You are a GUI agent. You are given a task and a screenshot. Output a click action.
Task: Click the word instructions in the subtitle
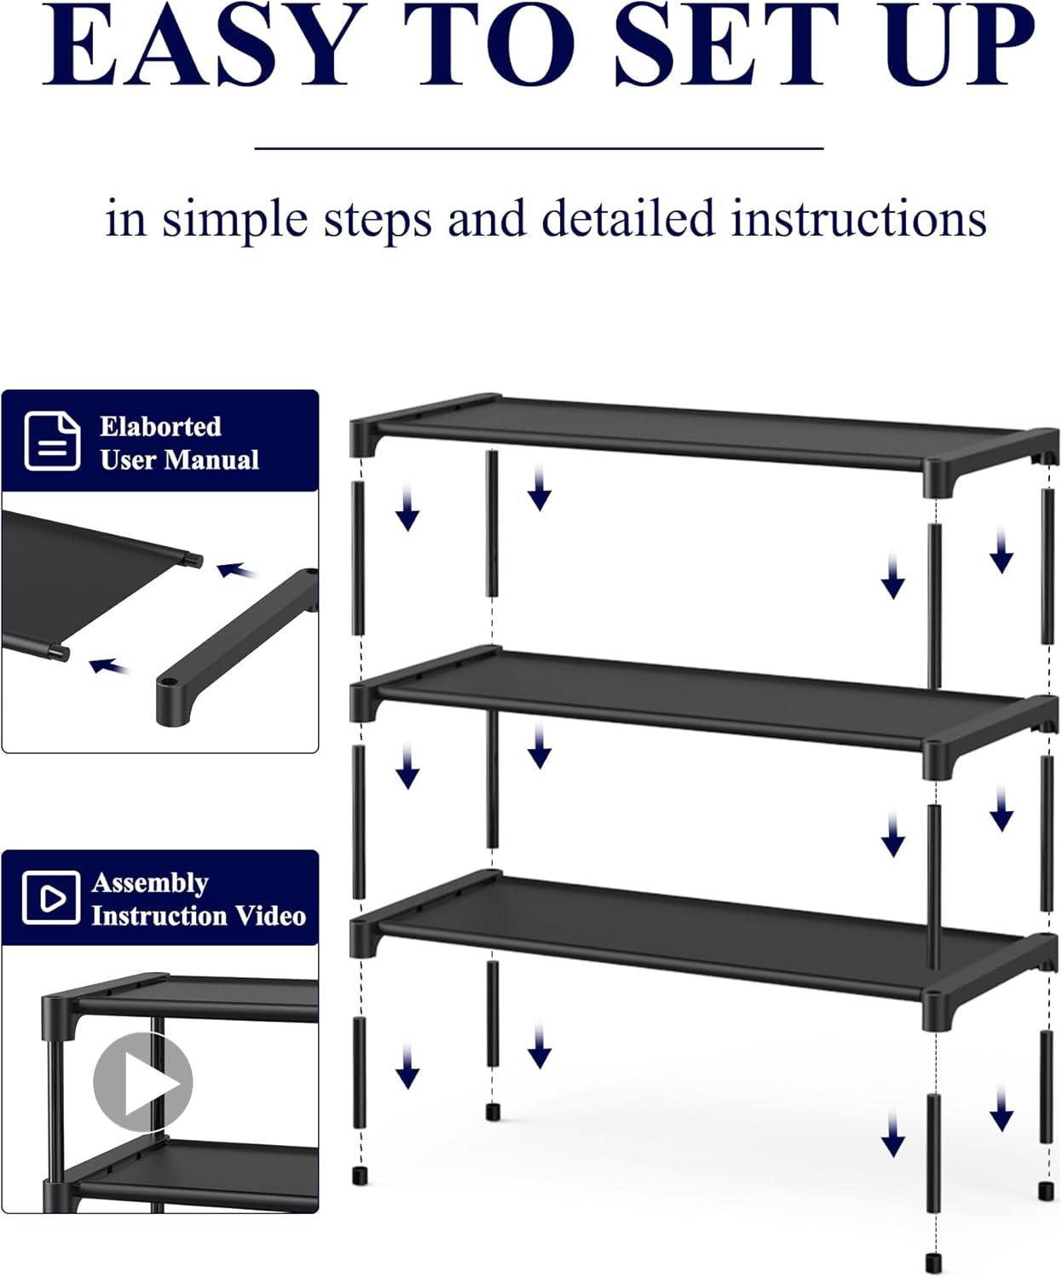point(858,219)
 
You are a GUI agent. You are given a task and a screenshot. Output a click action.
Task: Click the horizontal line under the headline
point(539,148)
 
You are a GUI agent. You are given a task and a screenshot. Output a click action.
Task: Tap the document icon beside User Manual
point(52,440)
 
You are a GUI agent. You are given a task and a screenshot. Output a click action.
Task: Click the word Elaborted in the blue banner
point(160,426)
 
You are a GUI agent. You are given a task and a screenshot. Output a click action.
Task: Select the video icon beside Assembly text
point(50,897)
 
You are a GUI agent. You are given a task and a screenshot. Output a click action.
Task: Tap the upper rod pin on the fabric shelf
point(195,560)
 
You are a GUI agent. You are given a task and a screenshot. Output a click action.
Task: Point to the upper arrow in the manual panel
point(238,570)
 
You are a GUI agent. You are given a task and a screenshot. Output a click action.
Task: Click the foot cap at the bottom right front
point(934,1261)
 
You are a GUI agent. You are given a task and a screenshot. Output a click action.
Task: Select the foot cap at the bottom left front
point(361,1176)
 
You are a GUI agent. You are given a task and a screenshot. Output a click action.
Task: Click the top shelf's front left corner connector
point(364,436)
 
